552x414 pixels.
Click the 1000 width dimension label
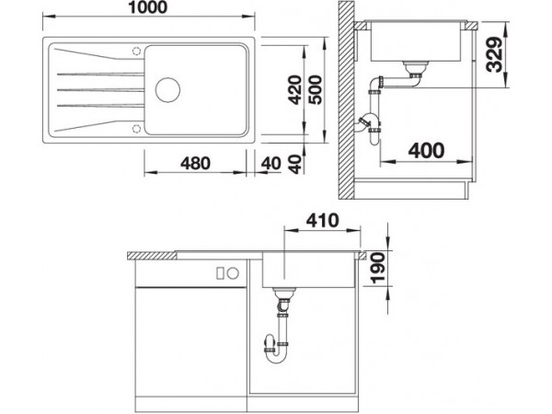tap(147, 7)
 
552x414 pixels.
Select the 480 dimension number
tap(195, 163)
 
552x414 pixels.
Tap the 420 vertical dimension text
tap(295, 90)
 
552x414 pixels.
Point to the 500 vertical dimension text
tap(315, 90)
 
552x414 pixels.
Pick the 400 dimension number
tap(426, 151)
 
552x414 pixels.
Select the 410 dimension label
tap(322, 221)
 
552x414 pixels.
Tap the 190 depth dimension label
tap(378, 268)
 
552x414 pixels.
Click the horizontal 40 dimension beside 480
tap(271, 164)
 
